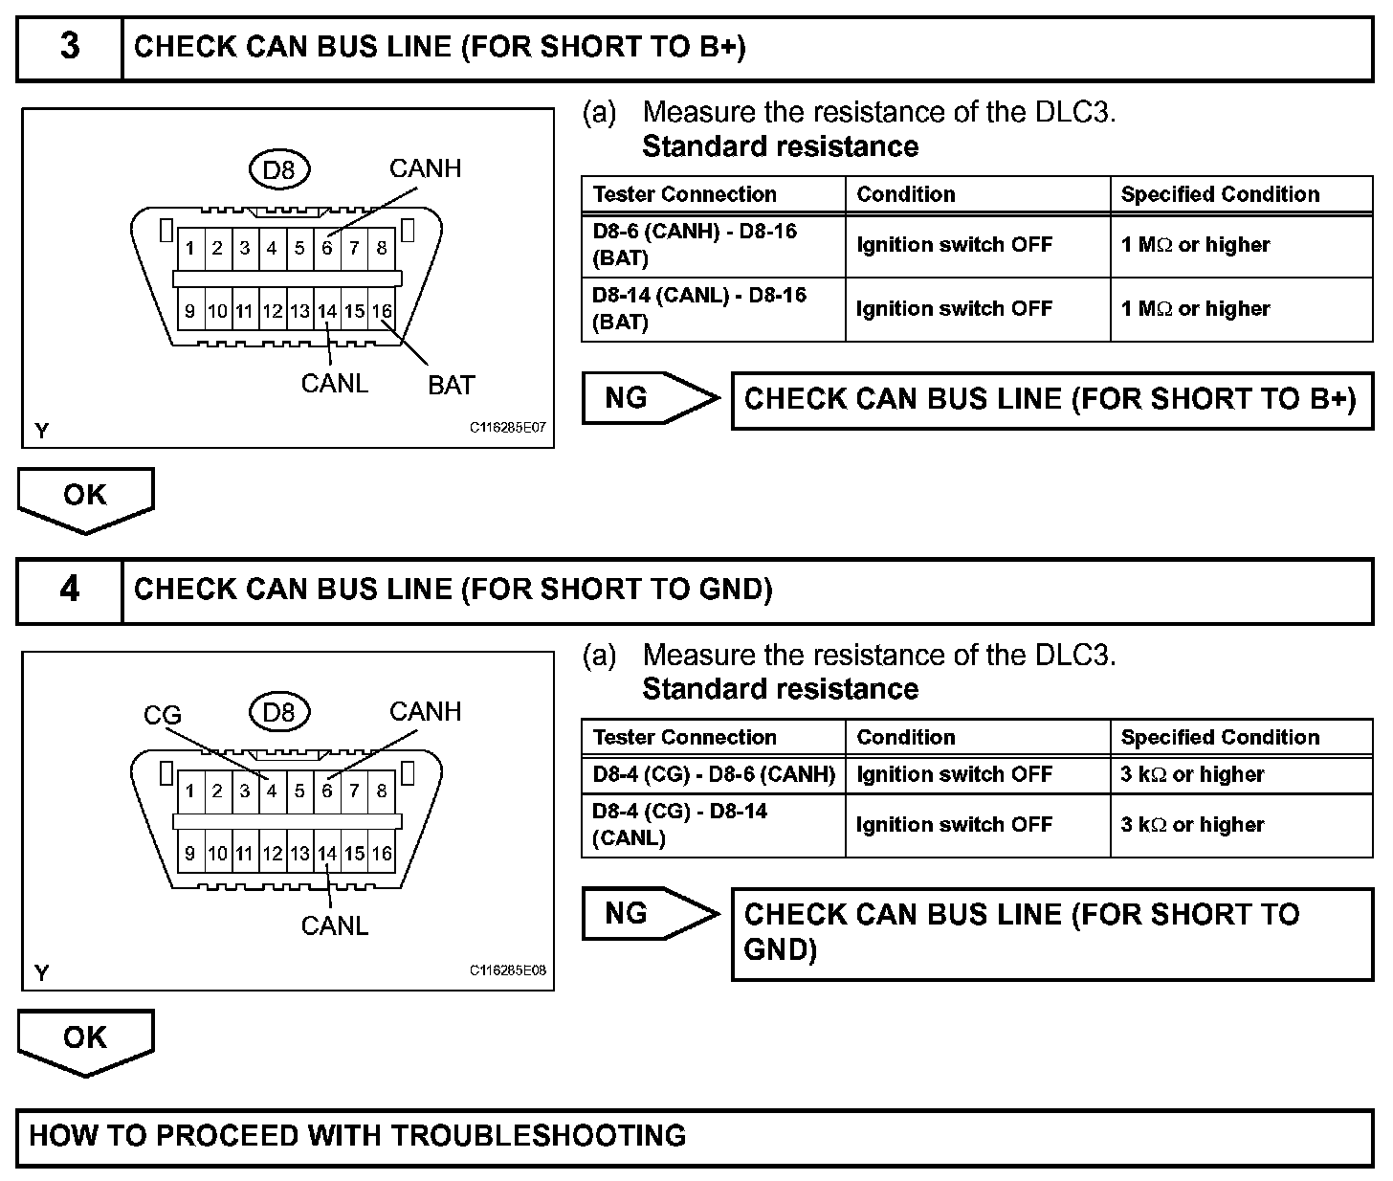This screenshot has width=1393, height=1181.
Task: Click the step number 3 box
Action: tap(70, 47)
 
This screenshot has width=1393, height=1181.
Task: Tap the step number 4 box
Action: tap(70, 590)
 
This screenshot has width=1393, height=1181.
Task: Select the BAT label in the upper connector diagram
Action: tap(451, 385)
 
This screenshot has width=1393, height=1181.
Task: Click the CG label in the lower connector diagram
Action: tap(162, 715)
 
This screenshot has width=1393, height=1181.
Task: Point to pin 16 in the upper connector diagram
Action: tap(382, 311)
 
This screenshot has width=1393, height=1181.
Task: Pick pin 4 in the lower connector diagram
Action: tap(272, 791)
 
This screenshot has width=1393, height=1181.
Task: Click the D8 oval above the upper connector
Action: tap(278, 170)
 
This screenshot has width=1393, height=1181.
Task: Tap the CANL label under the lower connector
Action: tap(334, 925)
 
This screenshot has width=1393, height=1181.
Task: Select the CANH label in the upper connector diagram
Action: tap(425, 168)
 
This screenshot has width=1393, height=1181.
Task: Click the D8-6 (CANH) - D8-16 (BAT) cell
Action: tap(713, 245)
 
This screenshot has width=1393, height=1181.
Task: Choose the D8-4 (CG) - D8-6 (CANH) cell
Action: tap(713, 774)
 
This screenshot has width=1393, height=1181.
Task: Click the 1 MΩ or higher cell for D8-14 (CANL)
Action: tap(1241, 309)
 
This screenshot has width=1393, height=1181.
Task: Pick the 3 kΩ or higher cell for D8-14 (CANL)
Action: tap(1241, 825)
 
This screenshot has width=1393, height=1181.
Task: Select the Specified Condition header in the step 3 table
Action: tap(1241, 194)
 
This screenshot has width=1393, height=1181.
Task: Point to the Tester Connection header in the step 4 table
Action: tap(713, 737)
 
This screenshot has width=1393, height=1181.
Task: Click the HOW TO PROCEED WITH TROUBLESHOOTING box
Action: tap(695, 1136)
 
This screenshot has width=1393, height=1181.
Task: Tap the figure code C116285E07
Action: tap(507, 428)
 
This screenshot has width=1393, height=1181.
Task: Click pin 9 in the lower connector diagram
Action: tap(190, 854)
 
